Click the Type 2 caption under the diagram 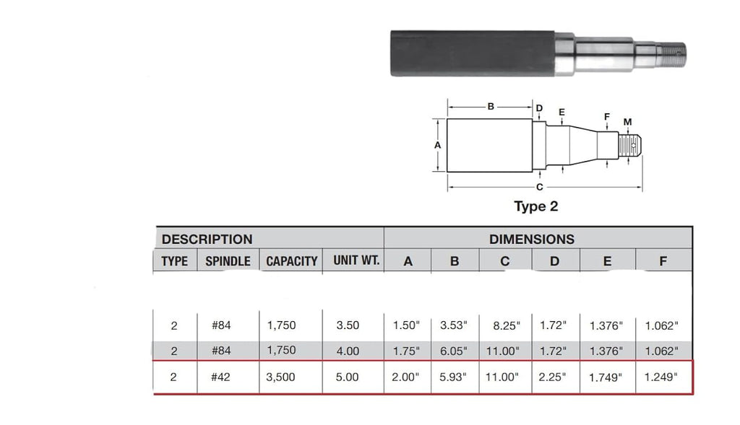[535, 206]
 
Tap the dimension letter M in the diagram [627, 122]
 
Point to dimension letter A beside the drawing [437, 145]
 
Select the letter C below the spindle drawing [539, 187]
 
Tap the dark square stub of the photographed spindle [472, 53]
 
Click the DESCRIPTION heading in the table [207, 240]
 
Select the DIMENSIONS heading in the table [531, 240]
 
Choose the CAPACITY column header [292, 261]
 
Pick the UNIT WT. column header [356, 260]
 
